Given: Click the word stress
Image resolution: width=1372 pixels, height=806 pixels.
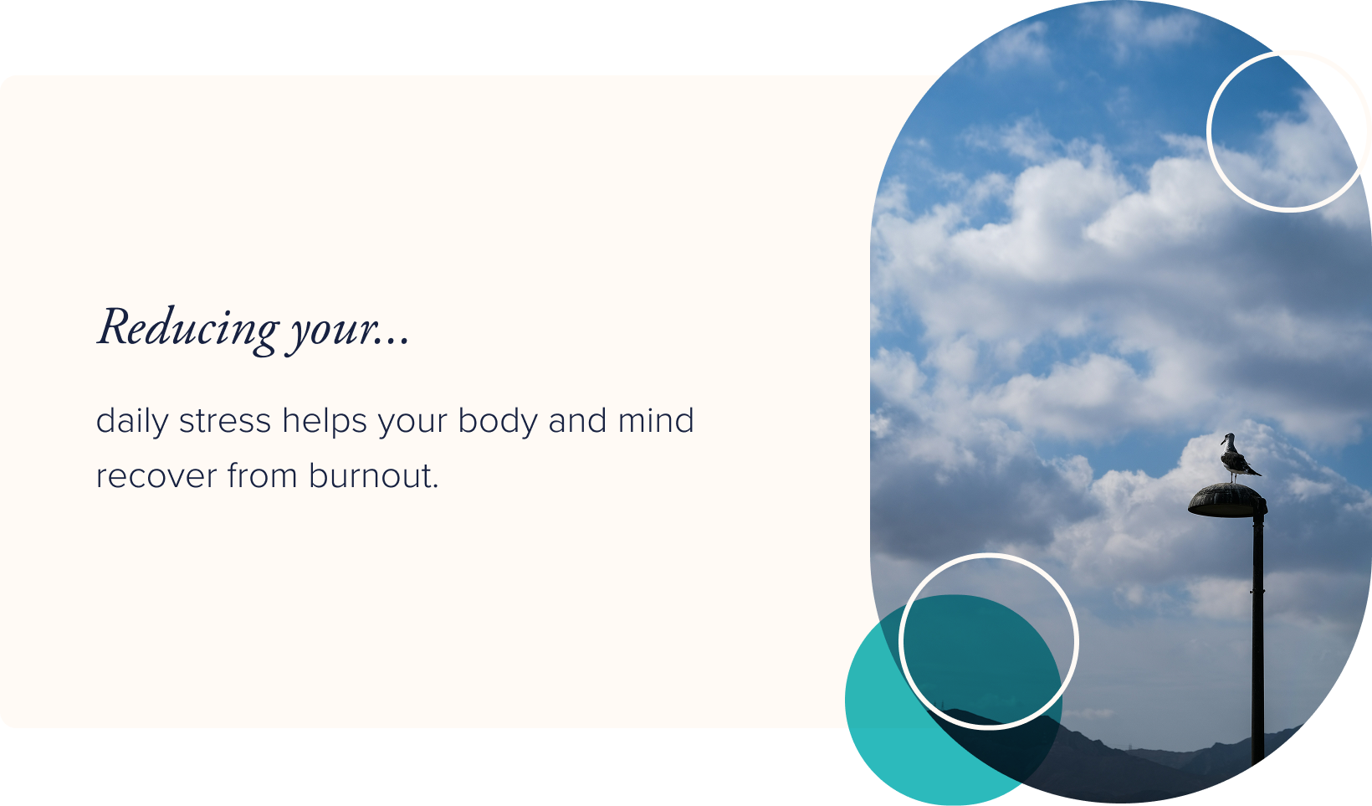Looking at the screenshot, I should pyautogui.click(x=224, y=421).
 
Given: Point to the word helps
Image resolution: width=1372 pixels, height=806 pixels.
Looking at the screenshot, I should pyautogui.click(x=325, y=421).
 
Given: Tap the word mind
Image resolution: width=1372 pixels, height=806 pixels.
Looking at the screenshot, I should pyautogui.click(x=656, y=420).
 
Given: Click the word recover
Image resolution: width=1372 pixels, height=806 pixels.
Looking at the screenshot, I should pyautogui.click(x=156, y=476).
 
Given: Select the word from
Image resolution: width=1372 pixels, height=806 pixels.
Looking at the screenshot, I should pyautogui.click(x=263, y=475).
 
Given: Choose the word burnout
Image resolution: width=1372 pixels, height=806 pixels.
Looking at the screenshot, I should pyautogui.click(x=373, y=475).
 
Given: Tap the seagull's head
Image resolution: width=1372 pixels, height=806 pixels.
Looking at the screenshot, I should pyautogui.click(x=1227, y=438).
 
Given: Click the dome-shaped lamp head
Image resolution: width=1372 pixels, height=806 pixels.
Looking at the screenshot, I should pyautogui.click(x=1227, y=501).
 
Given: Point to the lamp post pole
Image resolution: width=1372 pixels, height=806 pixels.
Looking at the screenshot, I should pyautogui.click(x=1257, y=636).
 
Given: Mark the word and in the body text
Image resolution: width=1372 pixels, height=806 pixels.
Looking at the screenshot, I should pyautogui.click(x=577, y=420).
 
